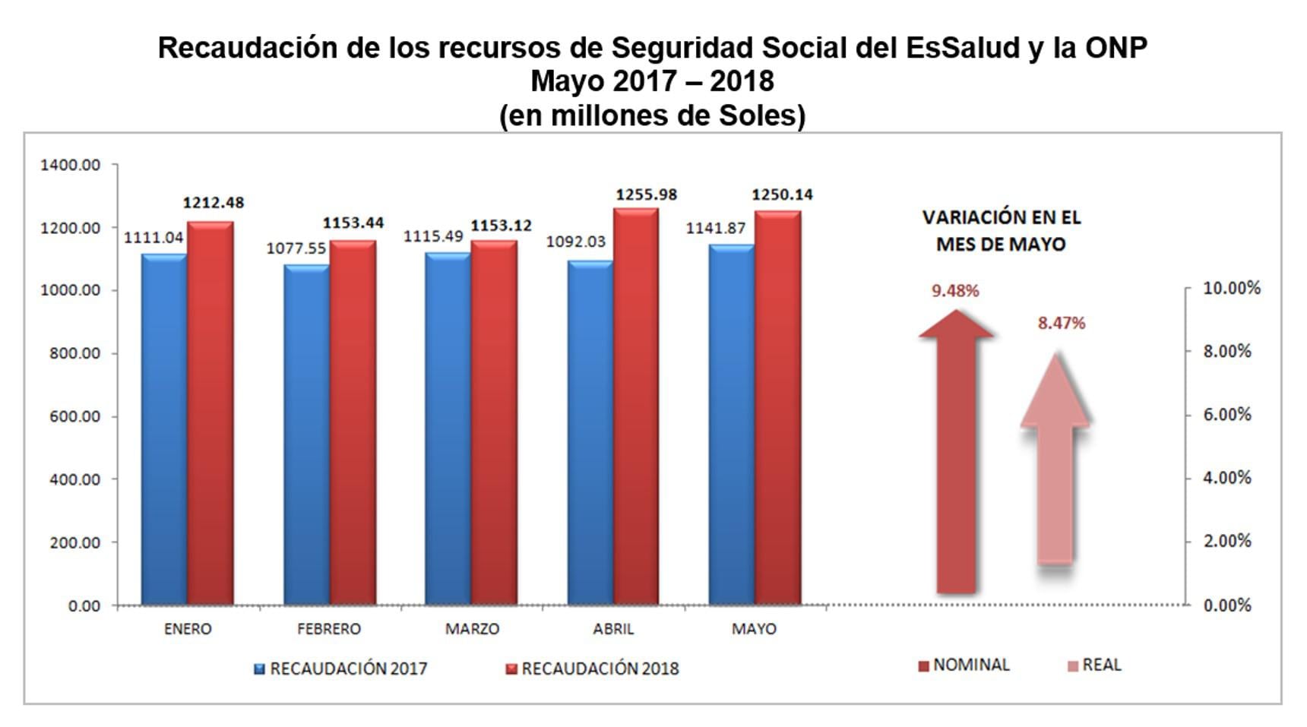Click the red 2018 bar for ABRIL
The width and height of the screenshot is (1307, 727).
coord(636,406)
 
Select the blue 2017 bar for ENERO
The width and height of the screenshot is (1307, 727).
coord(164,429)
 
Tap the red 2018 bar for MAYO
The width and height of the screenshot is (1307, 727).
coord(777,408)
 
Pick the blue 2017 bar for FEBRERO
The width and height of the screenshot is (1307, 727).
coord(306,435)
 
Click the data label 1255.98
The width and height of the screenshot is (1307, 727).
coord(646,194)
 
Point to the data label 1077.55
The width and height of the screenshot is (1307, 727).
coord(296,248)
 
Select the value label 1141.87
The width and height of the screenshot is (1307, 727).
coord(716,228)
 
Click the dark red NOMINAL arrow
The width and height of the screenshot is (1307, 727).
coord(956,456)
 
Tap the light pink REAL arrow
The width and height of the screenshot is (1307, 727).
coord(1055,471)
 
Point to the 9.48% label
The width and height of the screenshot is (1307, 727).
coord(955,290)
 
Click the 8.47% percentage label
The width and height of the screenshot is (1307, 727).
coord(1062,323)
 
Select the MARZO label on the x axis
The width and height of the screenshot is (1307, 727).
coord(472,629)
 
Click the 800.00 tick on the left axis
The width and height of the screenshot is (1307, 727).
coord(75,353)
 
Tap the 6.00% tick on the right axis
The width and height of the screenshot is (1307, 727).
coord(1227,415)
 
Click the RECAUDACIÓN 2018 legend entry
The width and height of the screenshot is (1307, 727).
coord(592,669)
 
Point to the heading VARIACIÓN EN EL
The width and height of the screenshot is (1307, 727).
coord(1001,217)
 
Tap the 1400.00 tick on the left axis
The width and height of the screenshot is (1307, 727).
coord(70,165)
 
